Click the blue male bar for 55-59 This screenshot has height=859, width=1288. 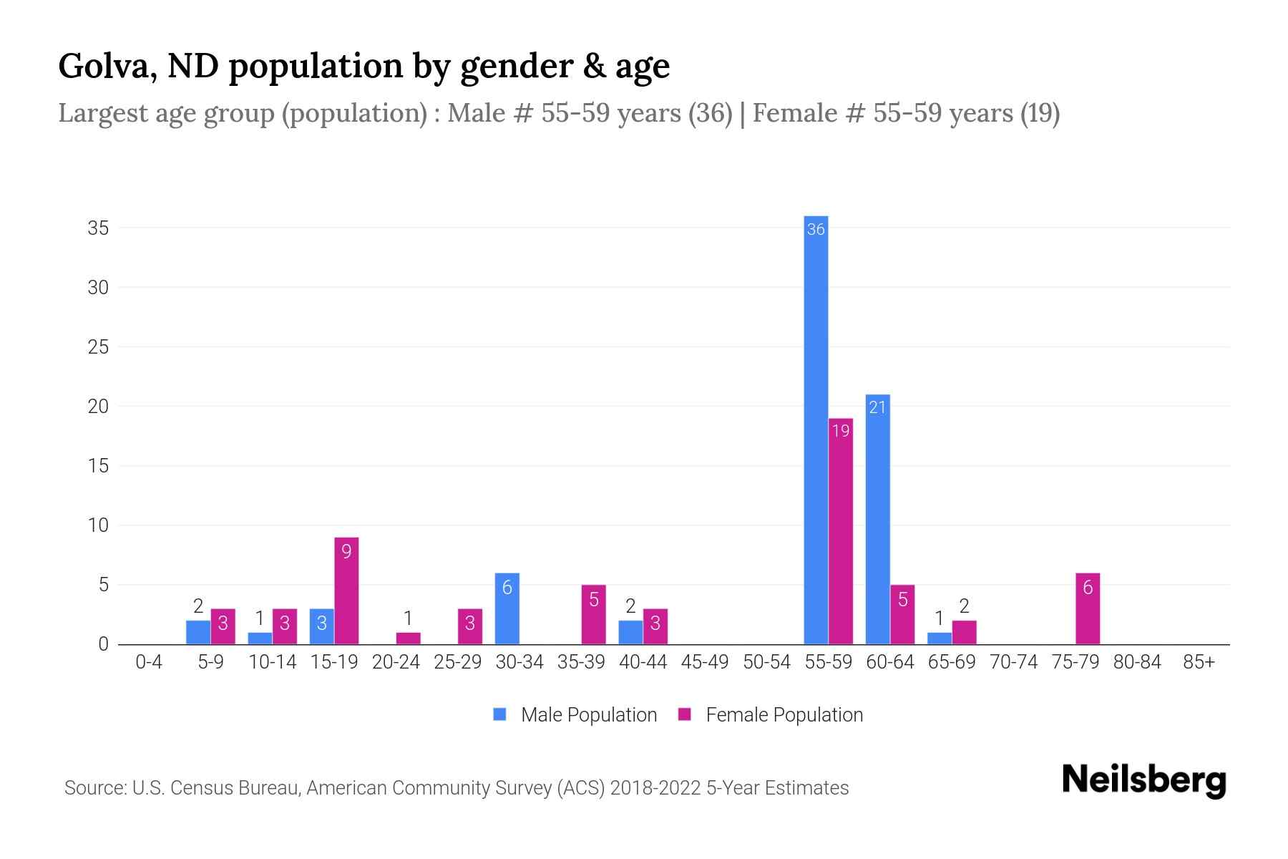point(816,429)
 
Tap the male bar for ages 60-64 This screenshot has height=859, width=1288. point(877,519)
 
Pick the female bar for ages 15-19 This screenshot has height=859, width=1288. point(346,591)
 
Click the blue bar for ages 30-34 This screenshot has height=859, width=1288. point(507,608)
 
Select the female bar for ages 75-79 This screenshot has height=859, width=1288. point(1088,608)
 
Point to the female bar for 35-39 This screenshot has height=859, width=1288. point(593,614)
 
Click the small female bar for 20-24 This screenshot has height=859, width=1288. point(408,639)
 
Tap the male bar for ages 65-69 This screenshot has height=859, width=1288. point(939,639)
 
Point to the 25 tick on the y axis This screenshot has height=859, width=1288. point(98,347)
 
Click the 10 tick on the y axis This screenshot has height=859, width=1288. point(98,525)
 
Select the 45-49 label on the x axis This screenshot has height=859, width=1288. point(704,662)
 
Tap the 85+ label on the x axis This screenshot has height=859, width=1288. point(1199,662)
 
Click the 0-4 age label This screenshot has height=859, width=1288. point(149,662)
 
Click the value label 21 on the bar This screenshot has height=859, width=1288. point(877,407)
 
